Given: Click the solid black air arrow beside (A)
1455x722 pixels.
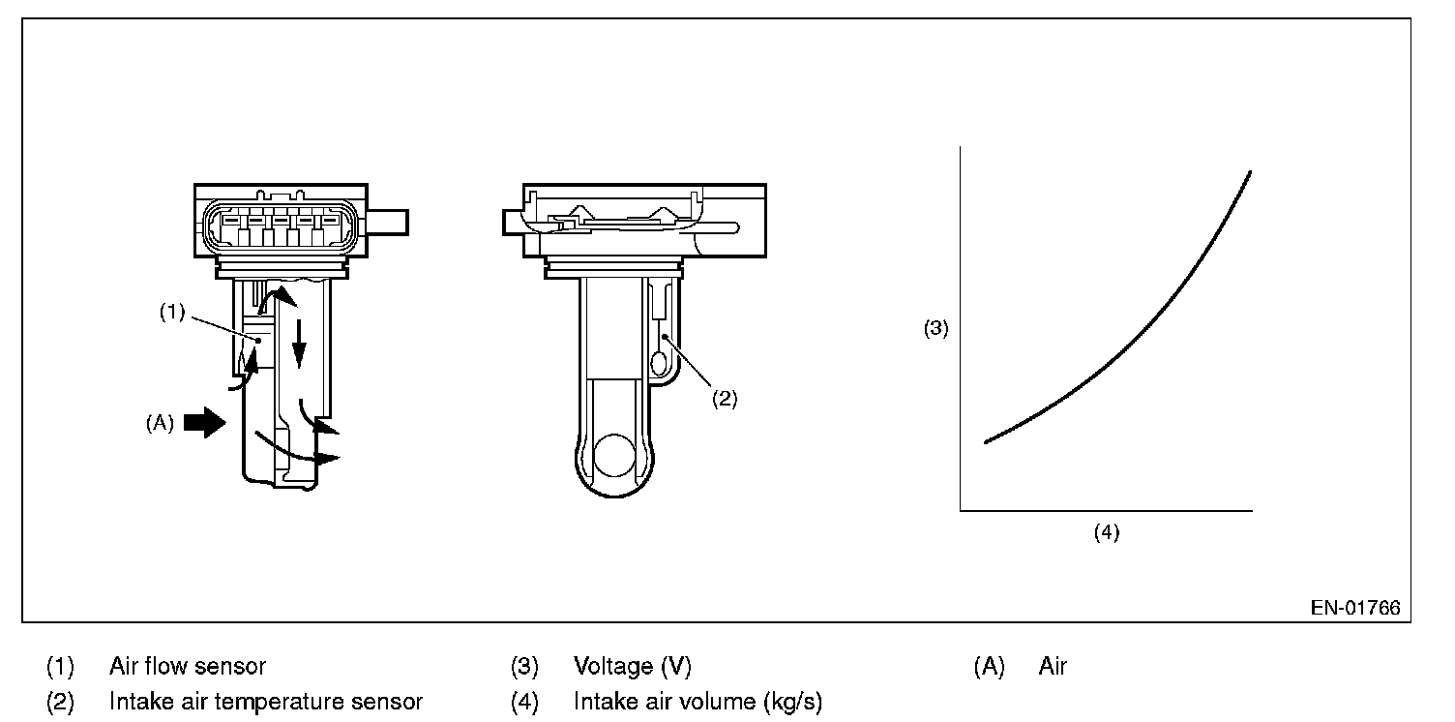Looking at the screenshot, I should click(x=203, y=423).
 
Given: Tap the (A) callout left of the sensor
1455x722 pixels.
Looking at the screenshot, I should click(x=159, y=423).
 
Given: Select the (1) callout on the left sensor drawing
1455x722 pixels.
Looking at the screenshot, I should click(x=172, y=314).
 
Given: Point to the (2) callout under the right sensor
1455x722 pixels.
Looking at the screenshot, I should click(x=725, y=398).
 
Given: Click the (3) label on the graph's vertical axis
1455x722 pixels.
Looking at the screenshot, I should click(x=935, y=328).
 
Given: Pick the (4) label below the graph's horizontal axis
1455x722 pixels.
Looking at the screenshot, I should click(x=1106, y=532).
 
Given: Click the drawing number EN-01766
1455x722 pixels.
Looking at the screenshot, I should click(x=1354, y=609).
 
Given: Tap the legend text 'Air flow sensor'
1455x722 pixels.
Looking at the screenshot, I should click(x=188, y=666).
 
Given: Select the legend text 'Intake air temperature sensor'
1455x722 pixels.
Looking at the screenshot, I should click(x=266, y=702).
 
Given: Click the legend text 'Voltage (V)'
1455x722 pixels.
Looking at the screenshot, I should click(x=633, y=666).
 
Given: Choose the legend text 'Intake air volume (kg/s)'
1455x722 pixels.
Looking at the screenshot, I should click(x=698, y=702).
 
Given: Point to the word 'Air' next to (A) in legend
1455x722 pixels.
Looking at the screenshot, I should click(x=1053, y=666).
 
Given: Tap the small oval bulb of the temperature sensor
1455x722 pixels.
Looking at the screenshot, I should click(x=660, y=363).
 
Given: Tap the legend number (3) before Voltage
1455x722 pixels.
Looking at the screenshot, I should click(x=524, y=666).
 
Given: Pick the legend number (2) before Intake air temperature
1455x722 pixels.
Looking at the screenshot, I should click(x=60, y=702).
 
